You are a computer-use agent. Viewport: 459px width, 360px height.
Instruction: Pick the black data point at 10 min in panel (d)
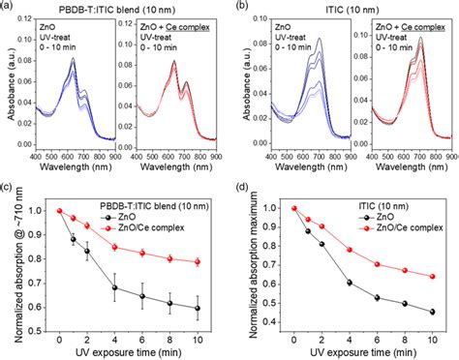click(x=430, y=312)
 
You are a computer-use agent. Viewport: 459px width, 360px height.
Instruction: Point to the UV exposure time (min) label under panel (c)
click(x=129, y=351)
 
